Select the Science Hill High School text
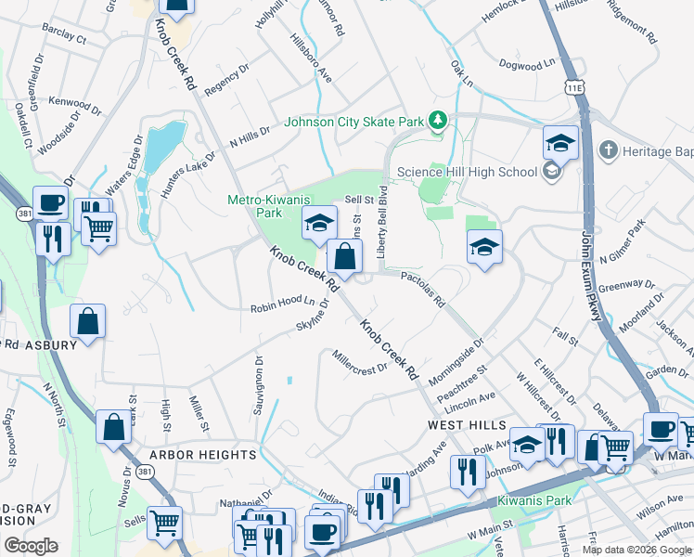click(467, 172)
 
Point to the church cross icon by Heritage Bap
click(608, 149)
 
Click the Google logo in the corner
click(31, 545)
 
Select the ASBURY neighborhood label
click(51, 345)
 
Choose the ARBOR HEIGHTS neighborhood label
click(203, 455)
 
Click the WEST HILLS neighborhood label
click(463, 423)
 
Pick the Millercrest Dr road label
click(360, 362)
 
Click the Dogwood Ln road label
click(525, 64)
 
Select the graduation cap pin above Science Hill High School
click(560, 144)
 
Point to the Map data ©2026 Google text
click(637, 549)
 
